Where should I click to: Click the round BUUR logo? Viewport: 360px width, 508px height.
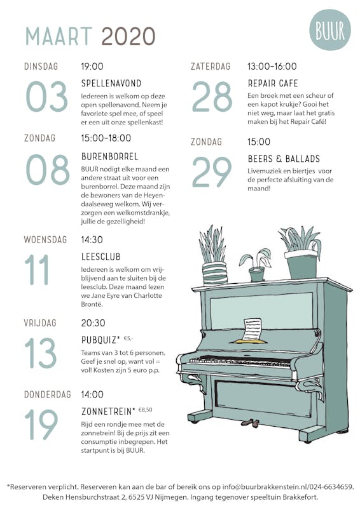click(330, 30)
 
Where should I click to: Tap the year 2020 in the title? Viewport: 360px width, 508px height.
click(128, 36)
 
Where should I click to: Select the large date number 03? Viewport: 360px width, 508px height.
click(46, 97)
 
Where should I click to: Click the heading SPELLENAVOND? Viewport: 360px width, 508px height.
click(111, 84)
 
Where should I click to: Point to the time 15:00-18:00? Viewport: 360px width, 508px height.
click(106, 138)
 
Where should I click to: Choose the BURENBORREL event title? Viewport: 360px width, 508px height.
click(110, 156)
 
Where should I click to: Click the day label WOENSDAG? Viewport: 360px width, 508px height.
click(45, 240)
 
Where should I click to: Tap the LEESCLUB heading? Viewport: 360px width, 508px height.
click(101, 257)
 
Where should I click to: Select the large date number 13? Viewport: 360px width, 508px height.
click(41, 353)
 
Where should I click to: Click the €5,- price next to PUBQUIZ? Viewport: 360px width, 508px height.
click(128, 338)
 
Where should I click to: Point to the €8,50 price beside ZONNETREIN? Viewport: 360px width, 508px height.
click(145, 410)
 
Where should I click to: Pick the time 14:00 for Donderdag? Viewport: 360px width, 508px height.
click(92, 394)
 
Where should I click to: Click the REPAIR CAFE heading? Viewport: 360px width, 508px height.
click(273, 84)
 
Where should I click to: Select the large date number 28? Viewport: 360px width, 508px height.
click(212, 97)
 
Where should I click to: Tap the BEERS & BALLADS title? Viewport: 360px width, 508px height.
click(284, 159)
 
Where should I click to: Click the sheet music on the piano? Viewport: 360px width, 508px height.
click(253, 330)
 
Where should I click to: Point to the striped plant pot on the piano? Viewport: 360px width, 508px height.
click(214, 274)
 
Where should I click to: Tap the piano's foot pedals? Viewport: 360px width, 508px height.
click(250, 423)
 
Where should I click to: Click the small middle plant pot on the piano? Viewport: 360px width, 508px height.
click(257, 274)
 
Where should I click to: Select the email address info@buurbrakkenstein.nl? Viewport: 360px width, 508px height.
click(265, 486)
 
